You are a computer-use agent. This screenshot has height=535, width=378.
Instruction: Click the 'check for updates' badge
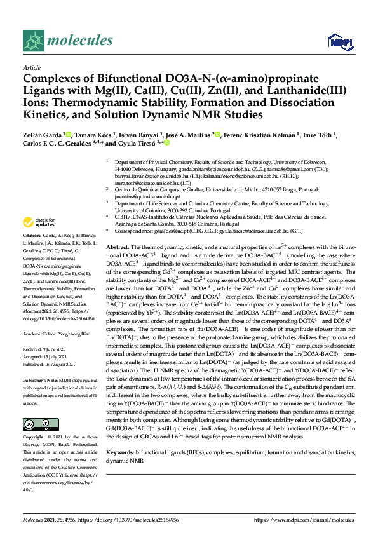coord(36,222)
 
